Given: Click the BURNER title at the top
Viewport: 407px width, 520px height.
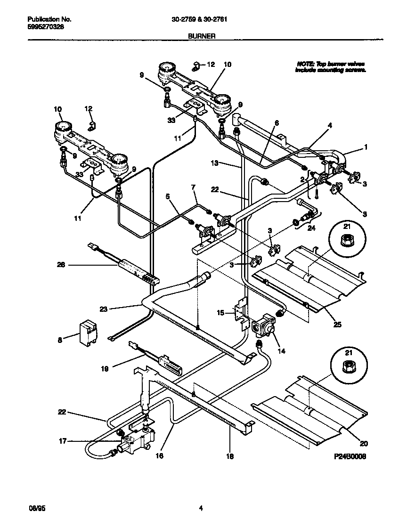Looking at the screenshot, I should pos(203,35).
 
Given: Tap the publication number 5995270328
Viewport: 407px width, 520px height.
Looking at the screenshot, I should pos(46,27).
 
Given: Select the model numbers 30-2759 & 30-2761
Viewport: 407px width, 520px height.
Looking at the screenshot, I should pos(203,20).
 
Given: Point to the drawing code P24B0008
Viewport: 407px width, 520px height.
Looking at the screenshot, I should pos(350,457).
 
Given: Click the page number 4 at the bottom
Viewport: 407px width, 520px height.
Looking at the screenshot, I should pos(201,508).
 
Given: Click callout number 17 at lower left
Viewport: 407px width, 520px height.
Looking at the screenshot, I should pos(63,441).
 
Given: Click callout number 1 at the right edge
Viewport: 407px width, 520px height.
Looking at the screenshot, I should pos(366,147).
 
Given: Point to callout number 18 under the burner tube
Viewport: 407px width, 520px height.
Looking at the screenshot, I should pos(230,456).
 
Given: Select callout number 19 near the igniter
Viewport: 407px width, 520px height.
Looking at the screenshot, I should pos(105,369).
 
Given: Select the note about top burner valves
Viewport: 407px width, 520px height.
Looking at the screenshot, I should pos(330,66).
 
